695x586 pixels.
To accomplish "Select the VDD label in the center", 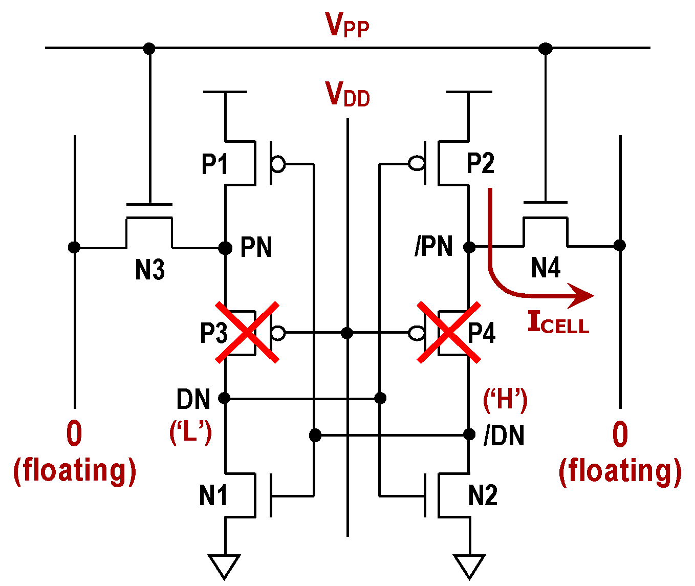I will pyautogui.click(x=347, y=94).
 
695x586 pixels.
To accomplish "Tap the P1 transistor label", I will pyautogui.click(x=214, y=164).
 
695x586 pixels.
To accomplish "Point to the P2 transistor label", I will pyautogui.click(x=481, y=163).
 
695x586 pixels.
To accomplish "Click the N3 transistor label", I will pyautogui.click(x=149, y=269).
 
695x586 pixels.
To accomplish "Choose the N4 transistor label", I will pyautogui.click(x=546, y=268).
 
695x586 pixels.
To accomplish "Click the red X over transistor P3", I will pyautogui.click(x=247, y=333).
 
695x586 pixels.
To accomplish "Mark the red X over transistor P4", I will pyautogui.click(x=449, y=333).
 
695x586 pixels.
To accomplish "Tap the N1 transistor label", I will pyautogui.click(x=213, y=495).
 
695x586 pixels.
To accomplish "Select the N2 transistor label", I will pyautogui.click(x=483, y=495).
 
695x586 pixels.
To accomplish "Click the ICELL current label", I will pyautogui.click(x=558, y=323).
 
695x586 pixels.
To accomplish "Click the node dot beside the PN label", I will pyautogui.click(x=225, y=248).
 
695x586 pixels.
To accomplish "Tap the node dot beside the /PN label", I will pyautogui.click(x=469, y=247).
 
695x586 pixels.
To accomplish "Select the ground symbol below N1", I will pyautogui.click(x=225, y=566).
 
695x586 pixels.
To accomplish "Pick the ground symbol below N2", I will pyautogui.click(x=469, y=566).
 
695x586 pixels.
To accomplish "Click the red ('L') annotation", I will pyautogui.click(x=190, y=432).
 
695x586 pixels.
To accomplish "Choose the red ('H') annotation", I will pyautogui.click(x=505, y=399).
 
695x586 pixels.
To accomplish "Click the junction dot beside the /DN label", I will pyautogui.click(x=469, y=435).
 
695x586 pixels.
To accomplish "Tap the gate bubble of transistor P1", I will pyautogui.click(x=278, y=164).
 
